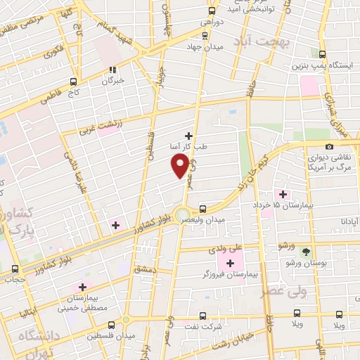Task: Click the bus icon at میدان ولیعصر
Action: click(202, 209)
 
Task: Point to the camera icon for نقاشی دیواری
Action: click(330, 146)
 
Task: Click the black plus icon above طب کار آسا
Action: click(188, 136)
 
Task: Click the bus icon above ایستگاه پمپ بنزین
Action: click(323, 54)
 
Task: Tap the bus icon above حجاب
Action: click(15, 269)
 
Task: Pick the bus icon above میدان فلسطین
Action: click(112, 325)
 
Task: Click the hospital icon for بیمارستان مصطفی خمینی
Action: click(82, 287)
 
